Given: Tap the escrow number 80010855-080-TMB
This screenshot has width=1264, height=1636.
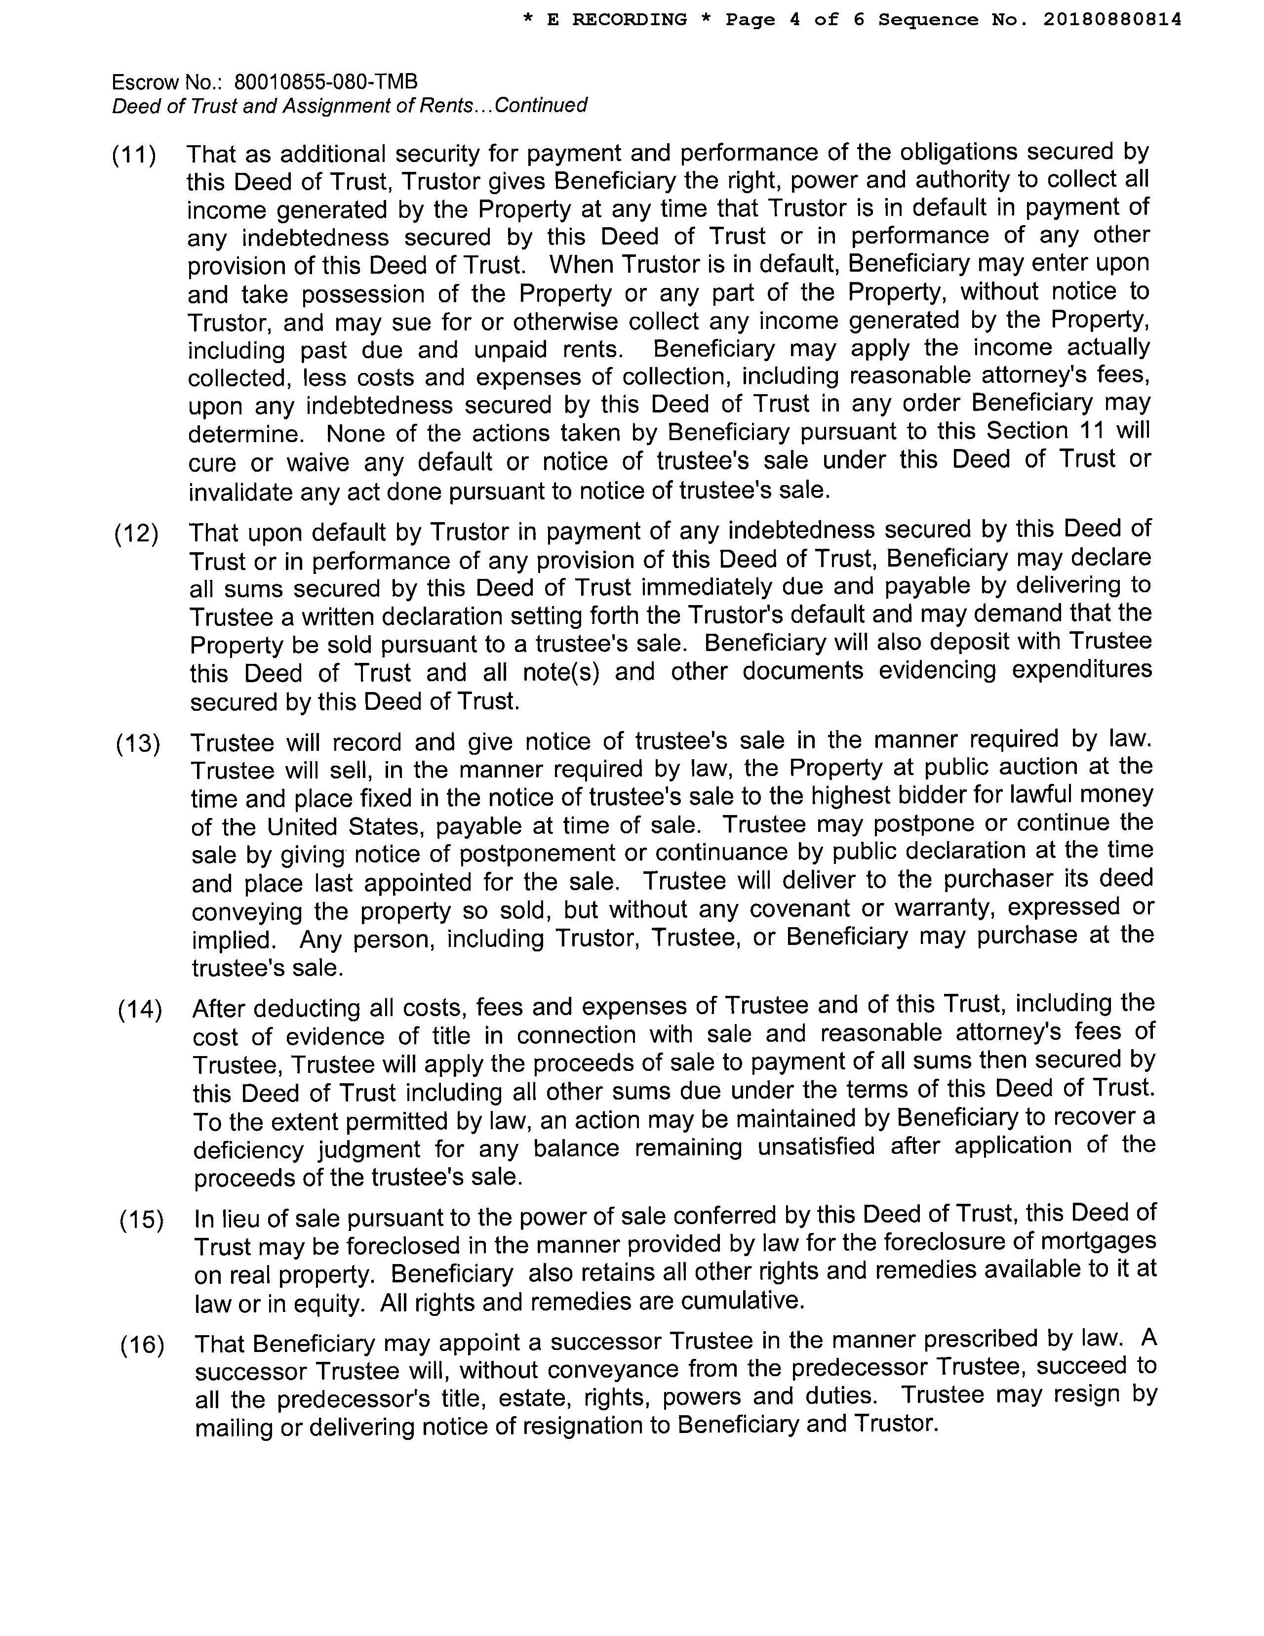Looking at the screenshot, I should [x=326, y=81].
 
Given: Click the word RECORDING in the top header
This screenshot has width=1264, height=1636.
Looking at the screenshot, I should [x=629, y=19].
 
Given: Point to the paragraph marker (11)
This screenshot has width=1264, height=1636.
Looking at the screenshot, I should [x=134, y=156].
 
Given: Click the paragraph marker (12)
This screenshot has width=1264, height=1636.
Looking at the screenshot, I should [x=136, y=534].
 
